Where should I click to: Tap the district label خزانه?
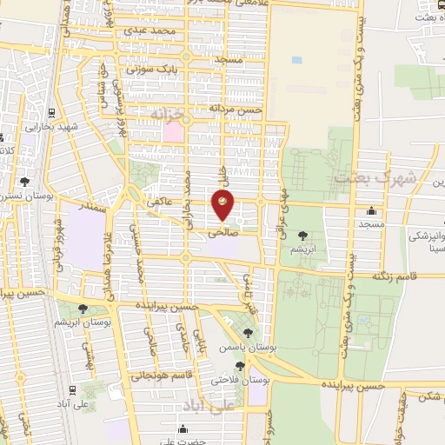point(168,115)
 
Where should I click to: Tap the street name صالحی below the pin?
point(222,233)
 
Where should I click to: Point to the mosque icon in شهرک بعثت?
point(372,209)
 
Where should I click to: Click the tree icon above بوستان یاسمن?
point(249,333)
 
